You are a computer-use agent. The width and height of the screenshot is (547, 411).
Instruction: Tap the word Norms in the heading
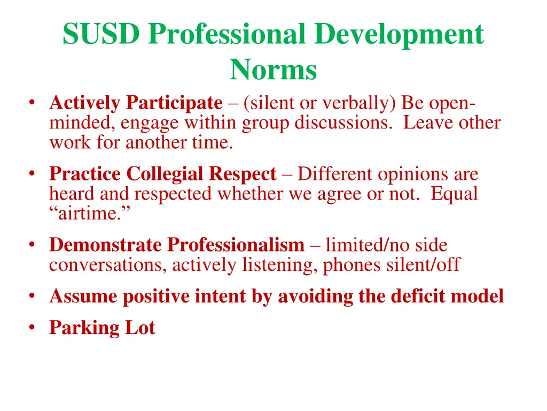coord(273,70)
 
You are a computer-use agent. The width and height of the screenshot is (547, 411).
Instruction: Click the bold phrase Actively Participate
coord(136,102)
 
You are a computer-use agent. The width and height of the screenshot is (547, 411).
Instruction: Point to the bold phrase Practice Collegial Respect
coord(163,174)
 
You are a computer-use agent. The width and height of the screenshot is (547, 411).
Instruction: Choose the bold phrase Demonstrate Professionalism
coord(177,245)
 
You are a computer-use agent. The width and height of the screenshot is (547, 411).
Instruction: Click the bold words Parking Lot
coord(102,328)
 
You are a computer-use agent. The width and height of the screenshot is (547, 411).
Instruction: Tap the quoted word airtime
coord(91,213)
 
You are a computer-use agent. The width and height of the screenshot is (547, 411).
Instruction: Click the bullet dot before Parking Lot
coord(33,327)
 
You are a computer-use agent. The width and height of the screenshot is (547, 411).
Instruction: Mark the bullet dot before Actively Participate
coord(33,102)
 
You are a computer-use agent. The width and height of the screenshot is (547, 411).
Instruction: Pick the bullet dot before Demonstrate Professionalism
coord(33,245)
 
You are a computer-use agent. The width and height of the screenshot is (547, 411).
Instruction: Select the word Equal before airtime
coord(454,194)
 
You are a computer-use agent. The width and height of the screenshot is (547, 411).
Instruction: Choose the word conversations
coord(107,264)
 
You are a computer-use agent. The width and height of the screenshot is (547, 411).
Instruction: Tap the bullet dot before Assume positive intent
coord(33,295)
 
